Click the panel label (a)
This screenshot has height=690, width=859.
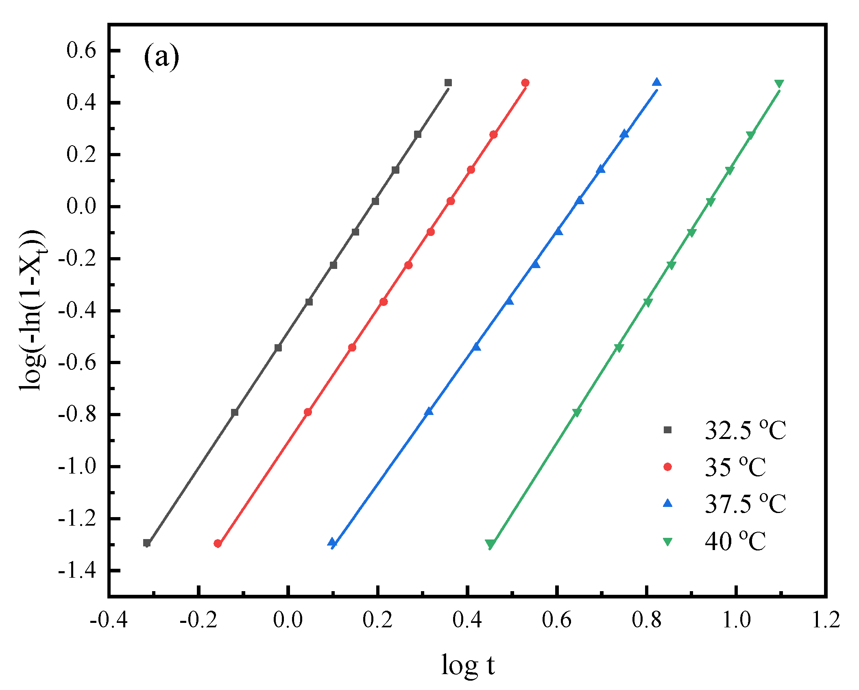[161, 57]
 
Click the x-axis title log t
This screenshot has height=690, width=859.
[468, 665]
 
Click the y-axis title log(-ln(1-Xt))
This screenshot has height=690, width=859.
[33, 310]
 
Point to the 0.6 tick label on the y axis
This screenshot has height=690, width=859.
[81, 50]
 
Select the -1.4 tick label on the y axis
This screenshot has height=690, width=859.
[77, 571]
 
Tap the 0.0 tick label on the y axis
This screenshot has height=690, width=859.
[81, 206]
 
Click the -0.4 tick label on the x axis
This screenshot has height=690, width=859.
[109, 620]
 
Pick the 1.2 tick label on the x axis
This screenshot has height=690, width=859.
[826, 620]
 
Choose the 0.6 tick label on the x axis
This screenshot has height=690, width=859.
[557, 620]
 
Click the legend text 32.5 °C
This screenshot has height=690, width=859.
[745, 430]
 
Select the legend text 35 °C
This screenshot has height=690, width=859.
[735, 467]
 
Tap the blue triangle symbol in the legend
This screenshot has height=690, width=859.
[667, 503]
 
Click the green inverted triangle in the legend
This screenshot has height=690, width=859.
[667, 542]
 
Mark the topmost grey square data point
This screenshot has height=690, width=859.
[448, 83]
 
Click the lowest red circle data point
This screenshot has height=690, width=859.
[218, 544]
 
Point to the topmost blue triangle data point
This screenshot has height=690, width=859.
[656, 83]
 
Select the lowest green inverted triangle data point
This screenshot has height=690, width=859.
[490, 544]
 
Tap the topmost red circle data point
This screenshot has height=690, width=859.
[525, 83]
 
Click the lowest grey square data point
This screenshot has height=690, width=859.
[147, 543]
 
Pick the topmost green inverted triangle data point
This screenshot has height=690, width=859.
[779, 84]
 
